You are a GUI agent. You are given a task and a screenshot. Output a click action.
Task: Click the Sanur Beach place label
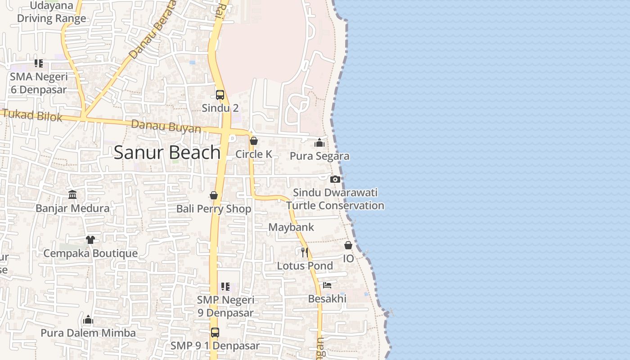click(x=167, y=153)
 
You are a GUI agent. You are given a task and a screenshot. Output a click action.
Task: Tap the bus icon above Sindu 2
click(x=220, y=95)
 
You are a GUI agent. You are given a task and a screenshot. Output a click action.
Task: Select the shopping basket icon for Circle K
click(x=254, y=141)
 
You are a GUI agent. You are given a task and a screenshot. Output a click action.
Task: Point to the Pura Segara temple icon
click(x=319, y=143)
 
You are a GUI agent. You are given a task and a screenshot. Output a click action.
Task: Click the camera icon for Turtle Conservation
click(x=335, y=179)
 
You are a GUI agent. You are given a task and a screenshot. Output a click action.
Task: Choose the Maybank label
click(x=291, y=227)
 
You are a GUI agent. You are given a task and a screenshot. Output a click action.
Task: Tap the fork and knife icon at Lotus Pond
click(x=305, y=252)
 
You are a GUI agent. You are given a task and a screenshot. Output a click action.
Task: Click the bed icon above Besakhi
click(x=327, y=285)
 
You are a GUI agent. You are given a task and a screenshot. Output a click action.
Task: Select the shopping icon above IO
click(x=348, y=245)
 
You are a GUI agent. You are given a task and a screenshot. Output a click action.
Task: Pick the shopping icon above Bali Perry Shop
click(x=214, y=195)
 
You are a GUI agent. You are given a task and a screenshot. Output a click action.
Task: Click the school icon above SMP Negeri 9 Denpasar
click(x=225, y=287)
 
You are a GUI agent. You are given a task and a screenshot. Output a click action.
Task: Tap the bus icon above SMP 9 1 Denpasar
click(x=215, y=333)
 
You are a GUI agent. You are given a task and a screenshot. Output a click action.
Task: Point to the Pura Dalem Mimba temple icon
click(x=88, y=319)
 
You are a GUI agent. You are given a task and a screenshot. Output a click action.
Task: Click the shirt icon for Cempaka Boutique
click(x=90, y=239)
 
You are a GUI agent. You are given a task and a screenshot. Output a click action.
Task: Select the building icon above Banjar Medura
click(x=72, y=194)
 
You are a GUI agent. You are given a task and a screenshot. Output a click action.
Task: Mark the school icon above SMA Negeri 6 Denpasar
click(x=39, y=63)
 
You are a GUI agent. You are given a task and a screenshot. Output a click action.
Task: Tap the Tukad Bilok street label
click(x=32, y=115)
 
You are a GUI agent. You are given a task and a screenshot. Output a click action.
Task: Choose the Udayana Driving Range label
click(x=51, y=12)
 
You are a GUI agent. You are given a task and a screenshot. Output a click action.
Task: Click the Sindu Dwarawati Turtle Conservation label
click(x=335, y=199)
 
